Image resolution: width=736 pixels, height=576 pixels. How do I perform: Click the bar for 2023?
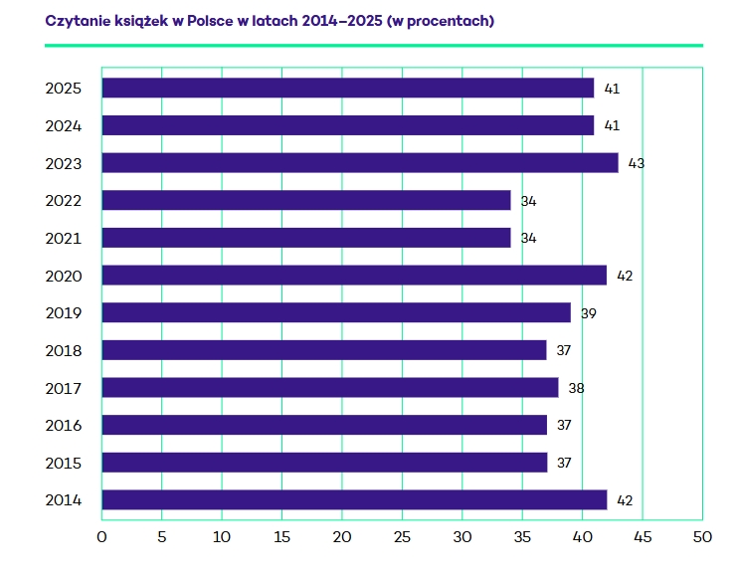360,163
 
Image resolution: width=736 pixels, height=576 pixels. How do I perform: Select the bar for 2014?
354,499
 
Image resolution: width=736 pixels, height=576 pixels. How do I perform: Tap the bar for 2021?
306,238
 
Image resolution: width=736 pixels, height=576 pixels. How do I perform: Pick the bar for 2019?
336,312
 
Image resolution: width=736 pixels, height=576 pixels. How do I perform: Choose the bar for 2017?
330,387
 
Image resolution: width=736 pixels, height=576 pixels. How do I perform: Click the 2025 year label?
63,89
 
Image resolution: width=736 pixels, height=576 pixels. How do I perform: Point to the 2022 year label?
63,201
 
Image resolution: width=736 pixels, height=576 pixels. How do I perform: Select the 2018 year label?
63,350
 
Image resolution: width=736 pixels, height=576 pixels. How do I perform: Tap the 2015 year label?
63,463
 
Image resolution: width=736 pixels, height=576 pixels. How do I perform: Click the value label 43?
637,163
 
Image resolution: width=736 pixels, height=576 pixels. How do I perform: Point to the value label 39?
589,313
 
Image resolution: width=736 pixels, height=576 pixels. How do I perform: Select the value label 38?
576,388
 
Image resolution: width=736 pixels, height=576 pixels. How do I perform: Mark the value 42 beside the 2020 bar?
625,276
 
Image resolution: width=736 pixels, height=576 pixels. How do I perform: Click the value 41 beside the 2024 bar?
612,126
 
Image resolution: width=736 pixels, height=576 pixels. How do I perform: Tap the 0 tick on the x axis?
101,538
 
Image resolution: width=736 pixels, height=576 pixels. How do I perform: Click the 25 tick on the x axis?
402,538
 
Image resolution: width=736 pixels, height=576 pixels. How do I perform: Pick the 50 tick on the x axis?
702,538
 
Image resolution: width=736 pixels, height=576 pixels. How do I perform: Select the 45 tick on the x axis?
642,538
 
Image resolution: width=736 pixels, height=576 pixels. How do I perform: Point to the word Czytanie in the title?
77,21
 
